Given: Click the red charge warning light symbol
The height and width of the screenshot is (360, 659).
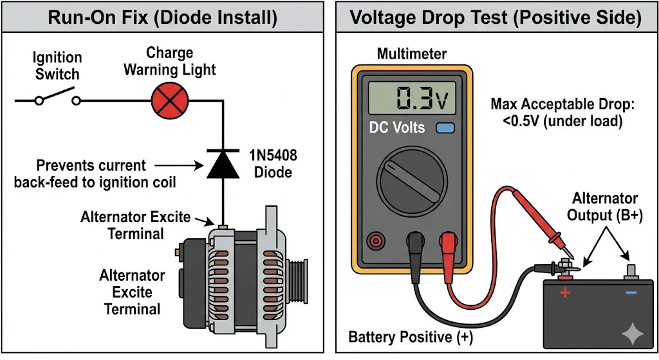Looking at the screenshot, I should coord(169,101).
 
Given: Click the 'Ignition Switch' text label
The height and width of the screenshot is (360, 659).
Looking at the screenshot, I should coord(57,66).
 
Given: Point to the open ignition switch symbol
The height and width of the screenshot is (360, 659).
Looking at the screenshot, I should coord(57,100).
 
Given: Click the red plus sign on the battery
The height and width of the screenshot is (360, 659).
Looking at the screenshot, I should coord(566,293).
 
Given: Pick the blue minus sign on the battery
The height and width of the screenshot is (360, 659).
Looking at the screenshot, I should coord(631,293).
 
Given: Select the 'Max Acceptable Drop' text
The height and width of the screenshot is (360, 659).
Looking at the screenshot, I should coord(556,112).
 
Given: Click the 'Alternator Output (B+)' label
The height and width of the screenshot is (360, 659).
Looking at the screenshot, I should coord(604,207).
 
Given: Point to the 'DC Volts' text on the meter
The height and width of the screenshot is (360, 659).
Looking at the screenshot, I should coord(396,127).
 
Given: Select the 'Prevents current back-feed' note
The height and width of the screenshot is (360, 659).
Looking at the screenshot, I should coord(95,173).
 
